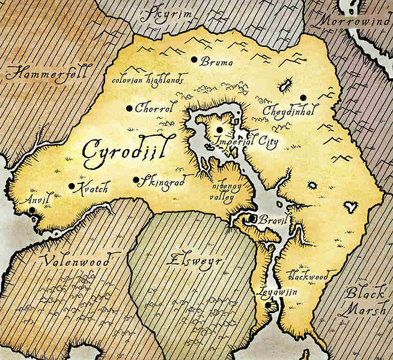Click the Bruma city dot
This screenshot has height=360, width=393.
pos(193,59)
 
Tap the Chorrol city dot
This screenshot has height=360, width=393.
pos(129,108)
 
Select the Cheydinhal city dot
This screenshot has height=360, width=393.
pos(303,97)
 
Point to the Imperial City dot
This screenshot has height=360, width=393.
pos(220,129)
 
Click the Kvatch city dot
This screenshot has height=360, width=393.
pos(72,186)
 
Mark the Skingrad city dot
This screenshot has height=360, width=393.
pos(136,179)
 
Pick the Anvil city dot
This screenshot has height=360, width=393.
pos(32,211)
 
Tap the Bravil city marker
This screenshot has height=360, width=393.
pos(254,219)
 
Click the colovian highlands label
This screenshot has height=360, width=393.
pos(148,78)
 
